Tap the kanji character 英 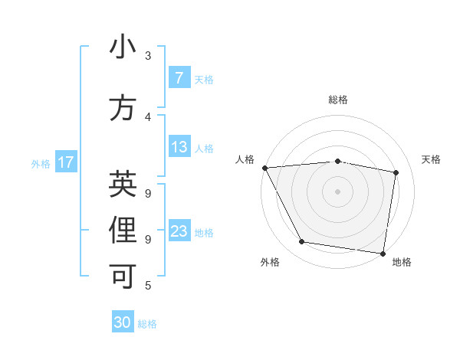point(123,184)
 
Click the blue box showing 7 point(179,78)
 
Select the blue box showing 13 point(179,147)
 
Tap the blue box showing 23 point(179,231)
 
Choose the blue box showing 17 point(65,162)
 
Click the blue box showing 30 point(123,322)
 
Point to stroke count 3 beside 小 point(148,56)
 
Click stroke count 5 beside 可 point(148,286)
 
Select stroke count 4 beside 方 point(148,117)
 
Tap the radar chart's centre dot point(337,191)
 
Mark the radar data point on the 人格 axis point(264,167)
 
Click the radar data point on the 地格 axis point(383,253)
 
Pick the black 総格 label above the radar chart point(337,100)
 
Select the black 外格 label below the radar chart point(270,262)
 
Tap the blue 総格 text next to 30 point(147,324)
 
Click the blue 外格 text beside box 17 point(40,163)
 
